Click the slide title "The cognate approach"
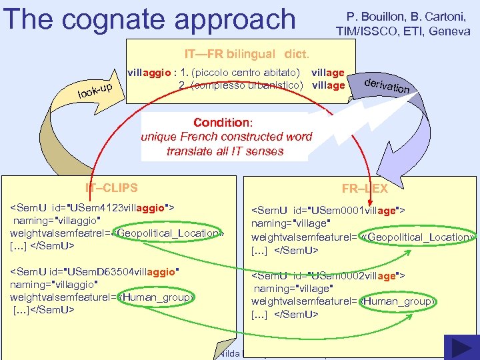(149, 19)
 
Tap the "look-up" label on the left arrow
(99, 89)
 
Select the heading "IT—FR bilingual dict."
(247, 53)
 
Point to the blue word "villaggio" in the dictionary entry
(150, 73)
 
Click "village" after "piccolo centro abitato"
(327, 73)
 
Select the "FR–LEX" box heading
(365, 189)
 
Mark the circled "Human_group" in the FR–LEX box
(397, 301)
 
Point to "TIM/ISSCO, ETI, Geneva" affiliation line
(403, 31)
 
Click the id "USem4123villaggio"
(117, 208)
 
